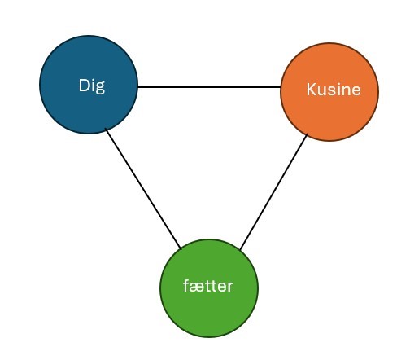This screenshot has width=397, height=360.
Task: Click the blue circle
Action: coord(89,85)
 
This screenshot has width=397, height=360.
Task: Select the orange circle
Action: coord(329,92)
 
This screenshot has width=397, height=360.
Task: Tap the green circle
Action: coord(209,288)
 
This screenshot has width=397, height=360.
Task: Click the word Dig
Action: coord(92,86)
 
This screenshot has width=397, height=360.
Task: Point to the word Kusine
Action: coord(334,90)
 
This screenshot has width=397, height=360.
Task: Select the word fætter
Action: coord(208,286)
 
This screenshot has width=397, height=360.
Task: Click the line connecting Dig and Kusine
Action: coord(209,87)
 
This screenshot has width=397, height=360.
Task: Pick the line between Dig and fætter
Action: coord(143,189)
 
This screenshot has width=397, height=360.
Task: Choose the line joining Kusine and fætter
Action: coord(273,191)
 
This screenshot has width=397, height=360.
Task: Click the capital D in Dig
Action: coord(84,86)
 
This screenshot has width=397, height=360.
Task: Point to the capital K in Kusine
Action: coord(312,90)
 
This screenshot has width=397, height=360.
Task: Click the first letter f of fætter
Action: coord(187,286)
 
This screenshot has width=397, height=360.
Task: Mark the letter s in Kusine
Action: coord(331,91)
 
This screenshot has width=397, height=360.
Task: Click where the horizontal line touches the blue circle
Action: coord(138,87)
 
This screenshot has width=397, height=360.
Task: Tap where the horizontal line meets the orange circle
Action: coord(280,87)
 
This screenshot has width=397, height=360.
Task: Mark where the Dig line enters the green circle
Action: coord(181,248)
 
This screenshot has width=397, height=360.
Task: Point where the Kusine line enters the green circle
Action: coord(240,249)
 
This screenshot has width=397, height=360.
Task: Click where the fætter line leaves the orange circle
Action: coord(308,134)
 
